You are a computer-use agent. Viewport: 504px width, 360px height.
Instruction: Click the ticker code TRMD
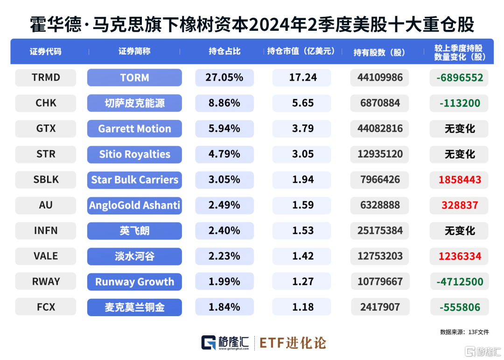click(46, 78)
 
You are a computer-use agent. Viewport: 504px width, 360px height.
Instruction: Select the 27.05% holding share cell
click(224, 78)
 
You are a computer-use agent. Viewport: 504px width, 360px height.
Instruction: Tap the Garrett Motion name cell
click(134, 129)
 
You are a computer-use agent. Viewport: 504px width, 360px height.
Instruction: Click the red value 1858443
click(460, 180)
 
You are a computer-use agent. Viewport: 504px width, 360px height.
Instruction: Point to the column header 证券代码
click(46, 51)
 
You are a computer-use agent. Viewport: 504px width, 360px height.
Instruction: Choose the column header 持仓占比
click(224, 51)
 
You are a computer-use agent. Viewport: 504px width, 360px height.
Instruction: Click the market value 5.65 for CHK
click(303, 103)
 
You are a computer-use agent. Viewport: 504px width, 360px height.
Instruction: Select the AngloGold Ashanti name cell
click(134, 205)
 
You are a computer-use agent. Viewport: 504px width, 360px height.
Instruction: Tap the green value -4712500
click(460, 282)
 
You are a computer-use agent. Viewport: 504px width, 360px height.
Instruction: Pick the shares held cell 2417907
click(380, 307)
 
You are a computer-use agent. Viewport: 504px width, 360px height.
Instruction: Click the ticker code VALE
click(46, 256)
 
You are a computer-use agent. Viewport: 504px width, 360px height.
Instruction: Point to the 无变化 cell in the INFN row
click(460, 231)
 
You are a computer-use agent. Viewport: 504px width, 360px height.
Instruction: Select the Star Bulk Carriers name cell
click(134, 180)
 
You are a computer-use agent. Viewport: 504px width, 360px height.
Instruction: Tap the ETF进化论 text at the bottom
click(293, 343)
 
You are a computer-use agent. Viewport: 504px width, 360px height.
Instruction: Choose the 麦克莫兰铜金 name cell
click(134, 307)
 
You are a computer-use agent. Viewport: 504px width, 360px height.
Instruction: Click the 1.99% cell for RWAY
click(224, 282)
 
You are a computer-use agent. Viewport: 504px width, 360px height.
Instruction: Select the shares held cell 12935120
click(380, 154)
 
